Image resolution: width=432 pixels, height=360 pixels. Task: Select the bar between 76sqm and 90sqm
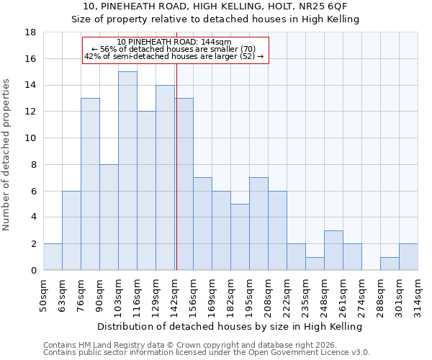point(90,184)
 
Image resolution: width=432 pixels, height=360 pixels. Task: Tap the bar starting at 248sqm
point(333,250)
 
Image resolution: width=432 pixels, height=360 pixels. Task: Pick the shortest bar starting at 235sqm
point(315,264)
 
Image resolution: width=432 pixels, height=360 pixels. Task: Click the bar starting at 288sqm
point(390,264)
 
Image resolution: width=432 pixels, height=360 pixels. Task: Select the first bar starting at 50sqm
point(53,257)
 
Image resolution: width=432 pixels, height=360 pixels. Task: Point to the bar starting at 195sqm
point(258,224)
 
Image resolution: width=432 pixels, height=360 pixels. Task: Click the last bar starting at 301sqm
point(408,257)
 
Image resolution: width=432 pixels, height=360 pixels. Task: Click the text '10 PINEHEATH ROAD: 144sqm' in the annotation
point(174,42)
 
